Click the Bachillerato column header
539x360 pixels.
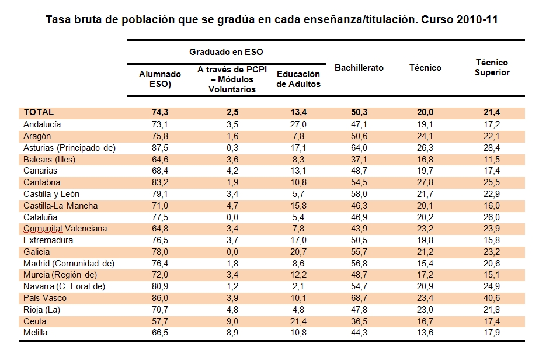(x=359, y=68)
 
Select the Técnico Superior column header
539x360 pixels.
(x=492, y=67)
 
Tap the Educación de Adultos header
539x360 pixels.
(x=298, y=79)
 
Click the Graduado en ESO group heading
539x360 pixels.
(x=226, y=52)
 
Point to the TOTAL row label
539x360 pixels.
(x=39, y=112)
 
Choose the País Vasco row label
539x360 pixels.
(x=45, y=298)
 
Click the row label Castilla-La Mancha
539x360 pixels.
(x=61, y=206)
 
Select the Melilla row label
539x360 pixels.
(x=36, y=333)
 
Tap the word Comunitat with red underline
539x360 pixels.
(x=43, y=229)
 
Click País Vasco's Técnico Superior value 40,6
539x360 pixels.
(x=492, y=298)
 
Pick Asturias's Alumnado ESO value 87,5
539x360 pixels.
(x=160, y=148)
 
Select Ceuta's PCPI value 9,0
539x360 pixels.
(x=232, y=321)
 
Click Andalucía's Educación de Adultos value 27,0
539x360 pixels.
(x=298, y=124)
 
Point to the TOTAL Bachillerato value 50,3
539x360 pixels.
(x=359, y=112)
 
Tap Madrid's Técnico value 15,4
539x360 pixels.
(x=425, y=264)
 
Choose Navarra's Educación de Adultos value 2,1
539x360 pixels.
(x=298, y=286)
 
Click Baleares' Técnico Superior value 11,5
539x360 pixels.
(x=492, y=160)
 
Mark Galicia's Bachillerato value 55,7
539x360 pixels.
(x=359, y=252)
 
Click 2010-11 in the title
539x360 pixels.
(x=477, y=20)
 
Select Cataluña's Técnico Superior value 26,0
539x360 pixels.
(x=492, y=217)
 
